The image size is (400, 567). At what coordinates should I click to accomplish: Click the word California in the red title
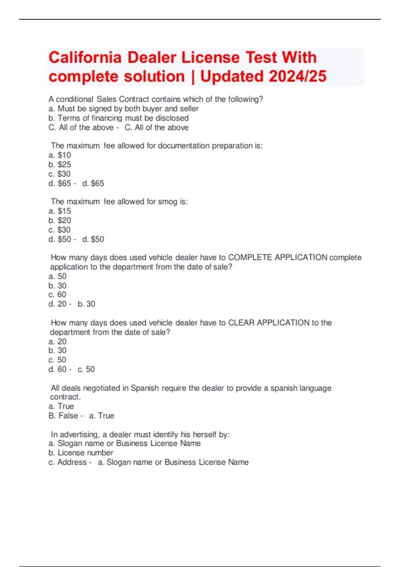85,57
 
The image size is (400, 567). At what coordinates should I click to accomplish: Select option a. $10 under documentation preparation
60,155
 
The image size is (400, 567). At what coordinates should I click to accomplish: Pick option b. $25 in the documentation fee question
60,164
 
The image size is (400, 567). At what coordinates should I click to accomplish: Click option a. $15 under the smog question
60,211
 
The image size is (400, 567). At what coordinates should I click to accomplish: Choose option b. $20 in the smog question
60,220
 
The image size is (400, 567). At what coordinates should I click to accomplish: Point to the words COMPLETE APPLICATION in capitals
278,257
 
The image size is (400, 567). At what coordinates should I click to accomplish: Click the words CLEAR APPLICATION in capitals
269,323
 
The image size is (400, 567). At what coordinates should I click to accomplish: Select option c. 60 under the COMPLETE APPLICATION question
57,295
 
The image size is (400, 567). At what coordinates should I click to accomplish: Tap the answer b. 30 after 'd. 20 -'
86,304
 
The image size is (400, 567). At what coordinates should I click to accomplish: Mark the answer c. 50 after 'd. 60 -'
86,369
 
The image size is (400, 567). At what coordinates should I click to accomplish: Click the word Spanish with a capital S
145,388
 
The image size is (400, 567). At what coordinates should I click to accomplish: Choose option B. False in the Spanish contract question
63,416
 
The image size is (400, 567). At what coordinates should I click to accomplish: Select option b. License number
81,453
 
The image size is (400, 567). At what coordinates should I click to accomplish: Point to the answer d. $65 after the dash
93,183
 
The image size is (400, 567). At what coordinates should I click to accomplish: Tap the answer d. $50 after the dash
93,239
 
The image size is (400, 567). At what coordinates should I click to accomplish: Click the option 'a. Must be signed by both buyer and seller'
123,109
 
